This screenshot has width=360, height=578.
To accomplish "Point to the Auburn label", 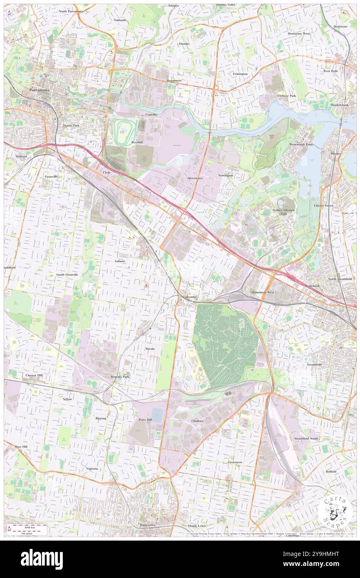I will [119, 261].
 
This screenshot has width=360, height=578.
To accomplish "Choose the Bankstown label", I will [147, 525].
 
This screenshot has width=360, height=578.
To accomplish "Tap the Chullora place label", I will [197, 421].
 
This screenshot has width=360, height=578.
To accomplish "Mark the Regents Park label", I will [120, 377].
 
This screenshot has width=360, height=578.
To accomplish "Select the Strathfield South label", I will [306, 439].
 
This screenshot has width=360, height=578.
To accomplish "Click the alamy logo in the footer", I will [42, 559].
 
